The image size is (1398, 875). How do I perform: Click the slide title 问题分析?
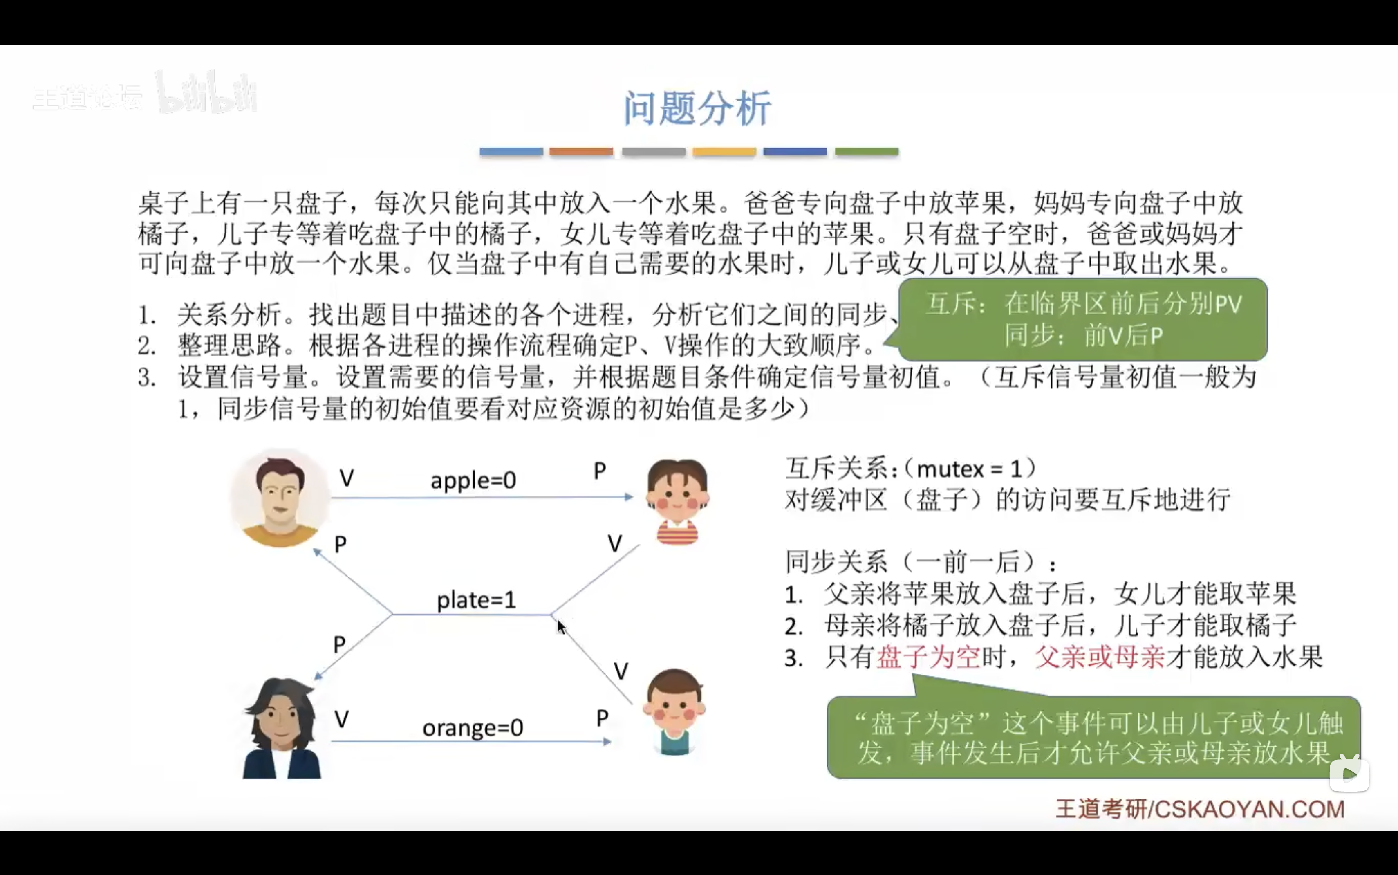click(697, 108)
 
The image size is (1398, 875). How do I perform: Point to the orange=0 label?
click(472, 727)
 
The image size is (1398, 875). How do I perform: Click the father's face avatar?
click(280, 498)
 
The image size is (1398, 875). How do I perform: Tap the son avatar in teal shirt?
click(673, 712)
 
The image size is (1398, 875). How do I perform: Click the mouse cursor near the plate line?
click(560, 627)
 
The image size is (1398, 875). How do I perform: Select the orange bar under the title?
click(581, 152)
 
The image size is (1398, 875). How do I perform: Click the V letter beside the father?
click(347, 478)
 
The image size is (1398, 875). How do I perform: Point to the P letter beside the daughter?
click(600, 471)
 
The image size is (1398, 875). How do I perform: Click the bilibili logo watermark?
click(206, 92)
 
